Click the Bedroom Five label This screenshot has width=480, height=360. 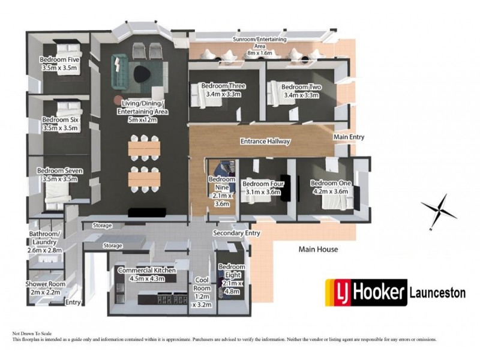click(x=59, y=59)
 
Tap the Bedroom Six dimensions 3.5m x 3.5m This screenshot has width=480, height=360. click(x=60, y=128)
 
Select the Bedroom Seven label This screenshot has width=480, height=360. click(x=59, y=171)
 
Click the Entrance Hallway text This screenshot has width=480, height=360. click(x=265, y=142)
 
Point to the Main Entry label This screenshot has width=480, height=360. click(x=349, y=137)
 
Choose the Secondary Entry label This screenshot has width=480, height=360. click(x=236, y=233)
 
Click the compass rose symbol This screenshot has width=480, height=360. click(x=439, y=211)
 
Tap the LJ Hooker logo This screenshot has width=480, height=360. click(x=366, y=293)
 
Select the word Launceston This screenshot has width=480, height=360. click(x=438, y=293)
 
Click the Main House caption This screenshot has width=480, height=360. click(x=319, y=249)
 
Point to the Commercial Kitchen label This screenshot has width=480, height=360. click(x=147, y=271)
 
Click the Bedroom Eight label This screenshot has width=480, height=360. click(x=232, y=271)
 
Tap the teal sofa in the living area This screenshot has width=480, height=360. click(x=119, y=73)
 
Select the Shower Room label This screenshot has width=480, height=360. click(x=46, y=284)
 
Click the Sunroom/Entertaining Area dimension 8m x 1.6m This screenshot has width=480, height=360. click(x=260, y=53)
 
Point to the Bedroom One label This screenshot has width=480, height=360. click(x=331, y=183)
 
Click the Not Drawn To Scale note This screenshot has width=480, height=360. click(x=32, y=334)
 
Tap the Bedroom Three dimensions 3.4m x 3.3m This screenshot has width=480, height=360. click(x=223, y=94)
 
